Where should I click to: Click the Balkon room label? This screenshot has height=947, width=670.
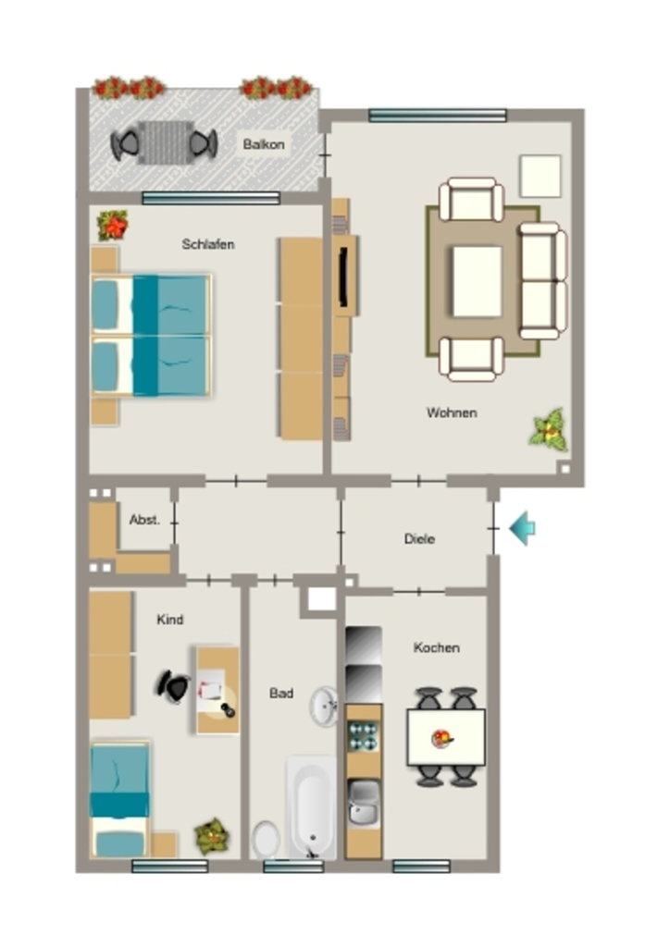click(264, 144)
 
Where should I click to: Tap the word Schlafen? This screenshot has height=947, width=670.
click(208, 244)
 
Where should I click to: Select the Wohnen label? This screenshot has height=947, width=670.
click(452, 412)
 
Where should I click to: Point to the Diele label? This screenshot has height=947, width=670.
click(419, 538)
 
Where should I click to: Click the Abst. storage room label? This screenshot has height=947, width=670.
click(144, 520)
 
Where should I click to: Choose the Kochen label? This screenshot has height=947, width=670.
click(436, 647)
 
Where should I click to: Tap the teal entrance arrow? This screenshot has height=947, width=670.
click(522, 528)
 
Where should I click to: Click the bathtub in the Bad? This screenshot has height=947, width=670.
click(312, 806)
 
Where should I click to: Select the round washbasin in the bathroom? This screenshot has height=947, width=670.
click(325, 706)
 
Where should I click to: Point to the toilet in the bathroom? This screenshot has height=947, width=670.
click(266, 839)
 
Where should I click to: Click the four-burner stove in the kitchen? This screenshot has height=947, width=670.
click(363, 736)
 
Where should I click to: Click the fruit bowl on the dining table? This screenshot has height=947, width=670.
click(442, 739)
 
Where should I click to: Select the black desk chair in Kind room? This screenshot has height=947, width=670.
click(172, 686)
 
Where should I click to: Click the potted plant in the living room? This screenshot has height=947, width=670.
click(549, 429)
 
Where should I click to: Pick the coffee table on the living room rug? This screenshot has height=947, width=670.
click(478, 281)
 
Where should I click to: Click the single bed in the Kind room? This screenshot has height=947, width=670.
click(119, 800)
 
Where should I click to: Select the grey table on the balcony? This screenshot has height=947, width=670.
click(166, 142)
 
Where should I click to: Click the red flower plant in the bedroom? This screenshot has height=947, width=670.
click(113, 226)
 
